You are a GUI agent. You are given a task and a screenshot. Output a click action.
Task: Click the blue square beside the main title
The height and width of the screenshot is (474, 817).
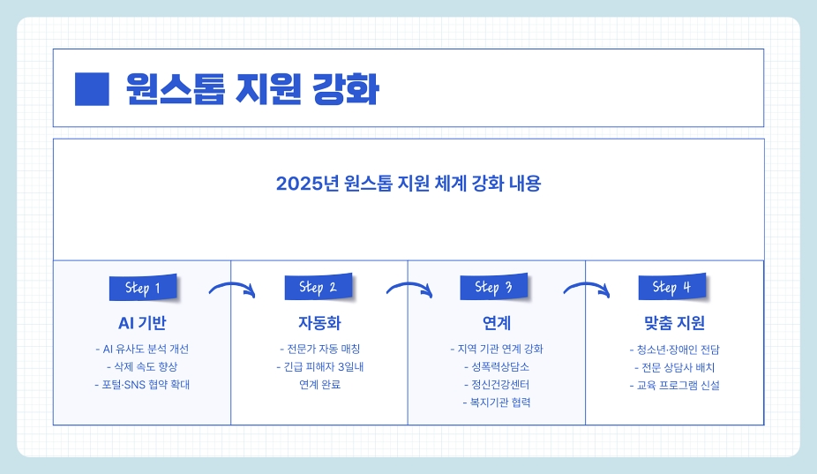point(92,88)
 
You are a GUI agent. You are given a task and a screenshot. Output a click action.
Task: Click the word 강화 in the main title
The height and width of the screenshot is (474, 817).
point(346,88)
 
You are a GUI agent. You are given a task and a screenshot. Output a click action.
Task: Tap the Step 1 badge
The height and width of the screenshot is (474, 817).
point(142,288)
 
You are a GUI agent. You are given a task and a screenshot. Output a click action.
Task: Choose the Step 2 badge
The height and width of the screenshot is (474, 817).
point(318,287)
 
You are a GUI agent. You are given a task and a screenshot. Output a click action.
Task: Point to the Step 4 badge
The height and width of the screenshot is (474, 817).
point(671,287)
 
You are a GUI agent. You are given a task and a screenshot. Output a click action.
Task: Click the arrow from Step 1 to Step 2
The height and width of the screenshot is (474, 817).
point(232,289)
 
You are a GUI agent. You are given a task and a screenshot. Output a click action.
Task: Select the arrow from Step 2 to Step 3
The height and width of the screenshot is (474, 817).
point(408,289)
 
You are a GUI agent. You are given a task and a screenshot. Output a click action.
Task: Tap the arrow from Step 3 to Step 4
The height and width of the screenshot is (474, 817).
point(586,289)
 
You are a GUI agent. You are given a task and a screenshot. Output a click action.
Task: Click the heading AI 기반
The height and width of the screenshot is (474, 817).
point(142,322)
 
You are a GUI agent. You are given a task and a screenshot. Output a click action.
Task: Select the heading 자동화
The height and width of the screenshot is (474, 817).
point(319,322)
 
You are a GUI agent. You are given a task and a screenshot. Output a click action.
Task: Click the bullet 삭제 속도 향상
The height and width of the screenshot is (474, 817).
point(142,366)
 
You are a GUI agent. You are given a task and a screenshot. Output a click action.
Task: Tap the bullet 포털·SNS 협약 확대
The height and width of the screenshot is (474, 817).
point(142,385)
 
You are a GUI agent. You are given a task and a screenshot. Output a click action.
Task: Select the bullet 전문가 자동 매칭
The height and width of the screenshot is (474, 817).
point(319,348)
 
